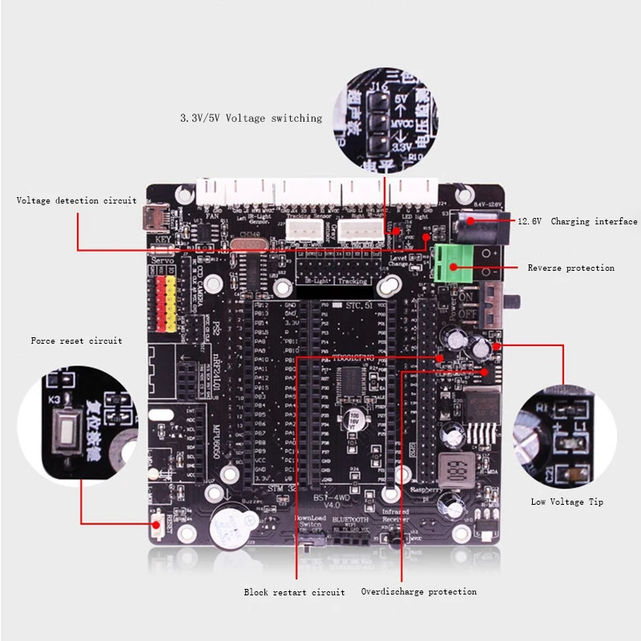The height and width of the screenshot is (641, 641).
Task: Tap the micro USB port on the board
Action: point(152,216)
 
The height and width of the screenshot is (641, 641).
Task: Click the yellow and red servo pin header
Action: point(166,304)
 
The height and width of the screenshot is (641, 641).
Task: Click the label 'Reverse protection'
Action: point(570,268)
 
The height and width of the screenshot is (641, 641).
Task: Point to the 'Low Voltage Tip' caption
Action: point(566,502)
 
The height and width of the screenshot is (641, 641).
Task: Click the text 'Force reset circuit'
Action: point(76,341)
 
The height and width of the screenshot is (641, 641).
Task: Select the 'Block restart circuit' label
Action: point(294,592)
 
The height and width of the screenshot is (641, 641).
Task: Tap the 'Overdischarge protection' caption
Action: point(418,592)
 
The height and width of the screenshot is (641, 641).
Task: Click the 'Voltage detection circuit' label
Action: point(76,200)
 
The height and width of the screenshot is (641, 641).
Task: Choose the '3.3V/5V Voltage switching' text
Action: point(250,118)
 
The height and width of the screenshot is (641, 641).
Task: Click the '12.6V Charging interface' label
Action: point(577,222)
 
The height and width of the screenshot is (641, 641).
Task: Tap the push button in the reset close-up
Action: point(66,433)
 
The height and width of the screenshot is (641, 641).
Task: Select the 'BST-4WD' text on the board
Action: point(331,498)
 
